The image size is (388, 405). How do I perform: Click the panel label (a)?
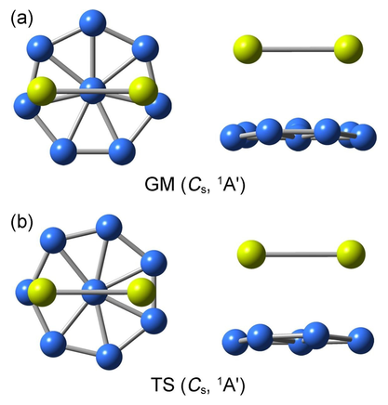click(x=21, y=20)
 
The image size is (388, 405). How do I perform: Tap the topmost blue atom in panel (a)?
click(x=92, y=22)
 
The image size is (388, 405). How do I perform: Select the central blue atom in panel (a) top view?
click(x=92, y=90)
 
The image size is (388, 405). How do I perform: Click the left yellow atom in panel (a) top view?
click(x=41, y=91)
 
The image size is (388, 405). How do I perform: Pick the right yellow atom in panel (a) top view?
click(x=143, y=91)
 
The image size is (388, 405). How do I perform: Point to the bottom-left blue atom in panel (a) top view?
click(x=63, y=151)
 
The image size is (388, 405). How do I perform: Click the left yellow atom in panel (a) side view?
click(x=248, y=49)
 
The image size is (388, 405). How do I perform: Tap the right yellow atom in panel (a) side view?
click(x=348, y=49)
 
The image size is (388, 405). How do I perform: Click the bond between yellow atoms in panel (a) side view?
click(x=298, y=49)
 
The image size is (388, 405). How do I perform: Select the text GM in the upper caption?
click(x=159, y=185)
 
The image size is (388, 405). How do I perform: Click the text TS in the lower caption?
click(x=163, y=385)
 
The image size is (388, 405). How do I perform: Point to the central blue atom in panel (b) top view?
click(x=94, y=292)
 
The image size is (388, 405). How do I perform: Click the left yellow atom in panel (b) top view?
click(x=42, y=292)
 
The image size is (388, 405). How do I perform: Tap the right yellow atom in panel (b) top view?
click(x=141, y=292)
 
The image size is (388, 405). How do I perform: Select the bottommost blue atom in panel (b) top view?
click(x=109, y=356)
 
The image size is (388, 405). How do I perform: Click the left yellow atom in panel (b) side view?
click(x=251, y=255)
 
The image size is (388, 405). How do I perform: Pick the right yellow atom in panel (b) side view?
click(x=351, y=255)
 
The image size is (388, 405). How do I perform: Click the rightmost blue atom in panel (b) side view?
click(x=360, y=341)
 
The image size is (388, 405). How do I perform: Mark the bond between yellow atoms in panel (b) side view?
click(x=301, y=255)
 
